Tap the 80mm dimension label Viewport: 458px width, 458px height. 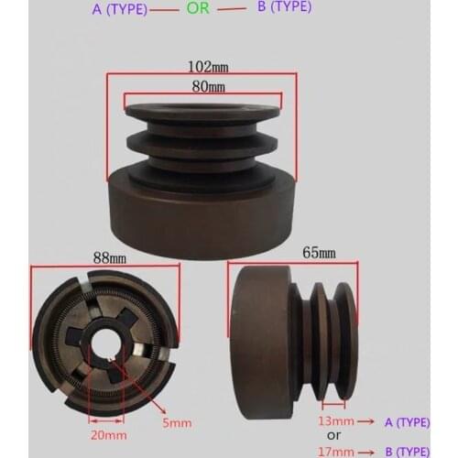click(208, 86)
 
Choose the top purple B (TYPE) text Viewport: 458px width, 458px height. click(280, 6)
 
